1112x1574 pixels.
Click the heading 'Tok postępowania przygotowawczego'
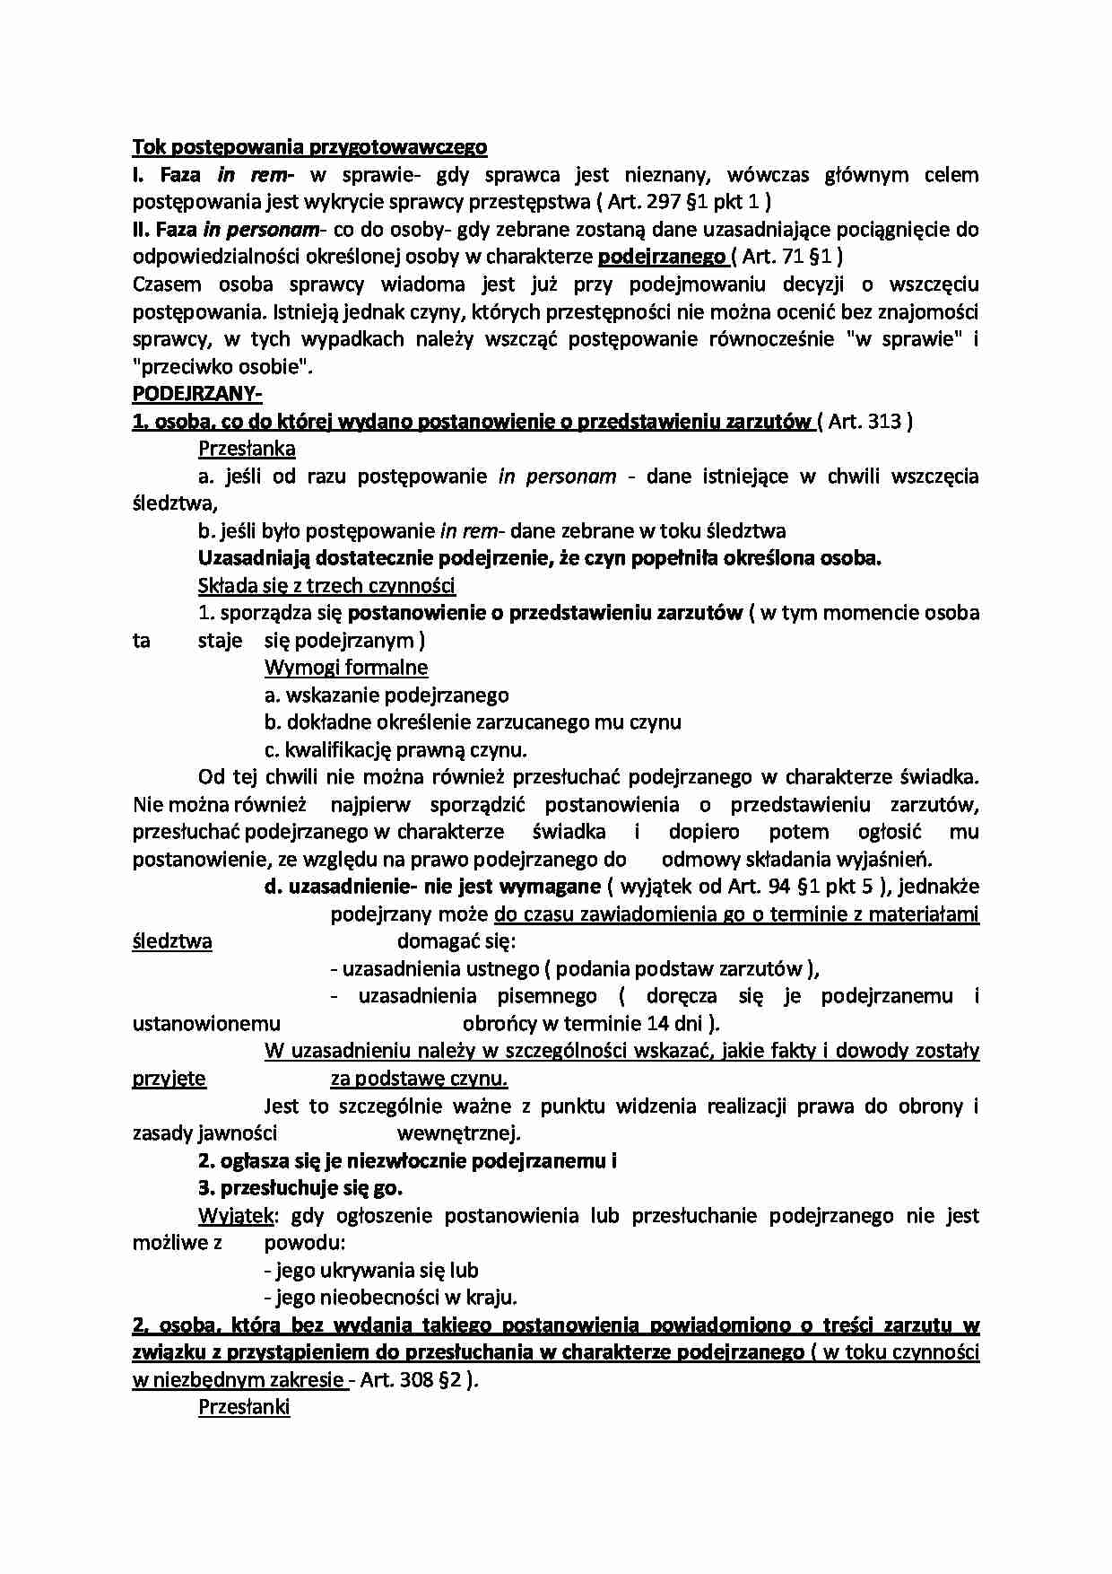point(309,146)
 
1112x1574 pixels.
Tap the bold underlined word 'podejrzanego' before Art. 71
point(662,257)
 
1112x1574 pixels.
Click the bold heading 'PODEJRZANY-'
point(197,394)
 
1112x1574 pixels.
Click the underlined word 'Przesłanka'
point(247,449)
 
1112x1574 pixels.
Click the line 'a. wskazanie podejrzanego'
point(387,695)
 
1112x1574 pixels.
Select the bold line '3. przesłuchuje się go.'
point(300,1188)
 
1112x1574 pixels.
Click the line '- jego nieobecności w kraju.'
point(391,1298)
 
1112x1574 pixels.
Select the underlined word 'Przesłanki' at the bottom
point(243,1407)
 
